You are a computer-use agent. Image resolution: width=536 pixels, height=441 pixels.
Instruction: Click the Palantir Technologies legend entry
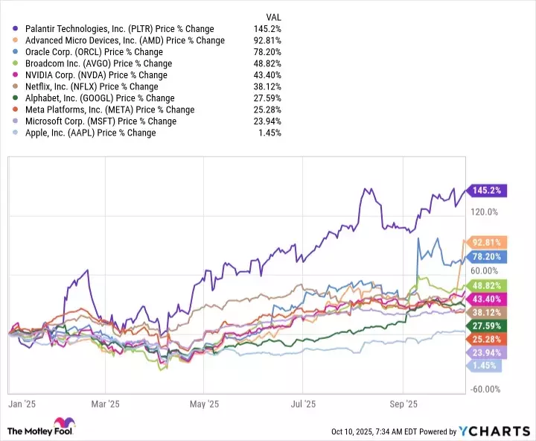click(x=119, y=29)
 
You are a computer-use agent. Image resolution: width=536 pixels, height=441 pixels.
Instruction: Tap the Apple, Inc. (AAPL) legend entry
click(x=90, y=133)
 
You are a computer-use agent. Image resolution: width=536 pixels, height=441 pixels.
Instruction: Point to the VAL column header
click(x=274, y=16)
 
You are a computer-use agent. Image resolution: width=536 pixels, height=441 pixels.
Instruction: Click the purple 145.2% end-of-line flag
click(x=486, y=190)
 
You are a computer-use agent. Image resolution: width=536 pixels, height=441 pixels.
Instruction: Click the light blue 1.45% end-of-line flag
click(x=485, y=366)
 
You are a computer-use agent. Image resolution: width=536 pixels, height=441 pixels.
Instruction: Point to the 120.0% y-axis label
click(x=485, y=212)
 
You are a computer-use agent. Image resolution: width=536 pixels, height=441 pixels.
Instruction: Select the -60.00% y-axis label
click(x=484, y=389)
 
